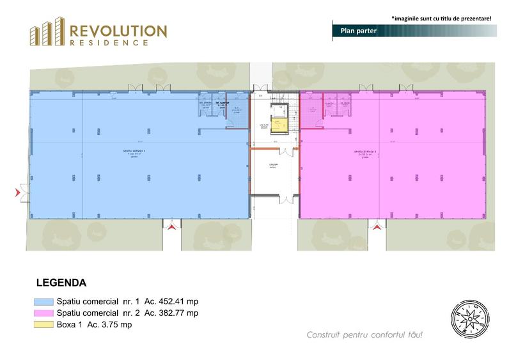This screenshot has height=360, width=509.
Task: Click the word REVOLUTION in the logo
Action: [x=118, y=31]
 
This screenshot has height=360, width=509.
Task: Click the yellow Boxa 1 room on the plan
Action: [x=279, y=124]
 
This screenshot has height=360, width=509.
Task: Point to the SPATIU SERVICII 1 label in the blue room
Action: [x=134, y=152]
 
